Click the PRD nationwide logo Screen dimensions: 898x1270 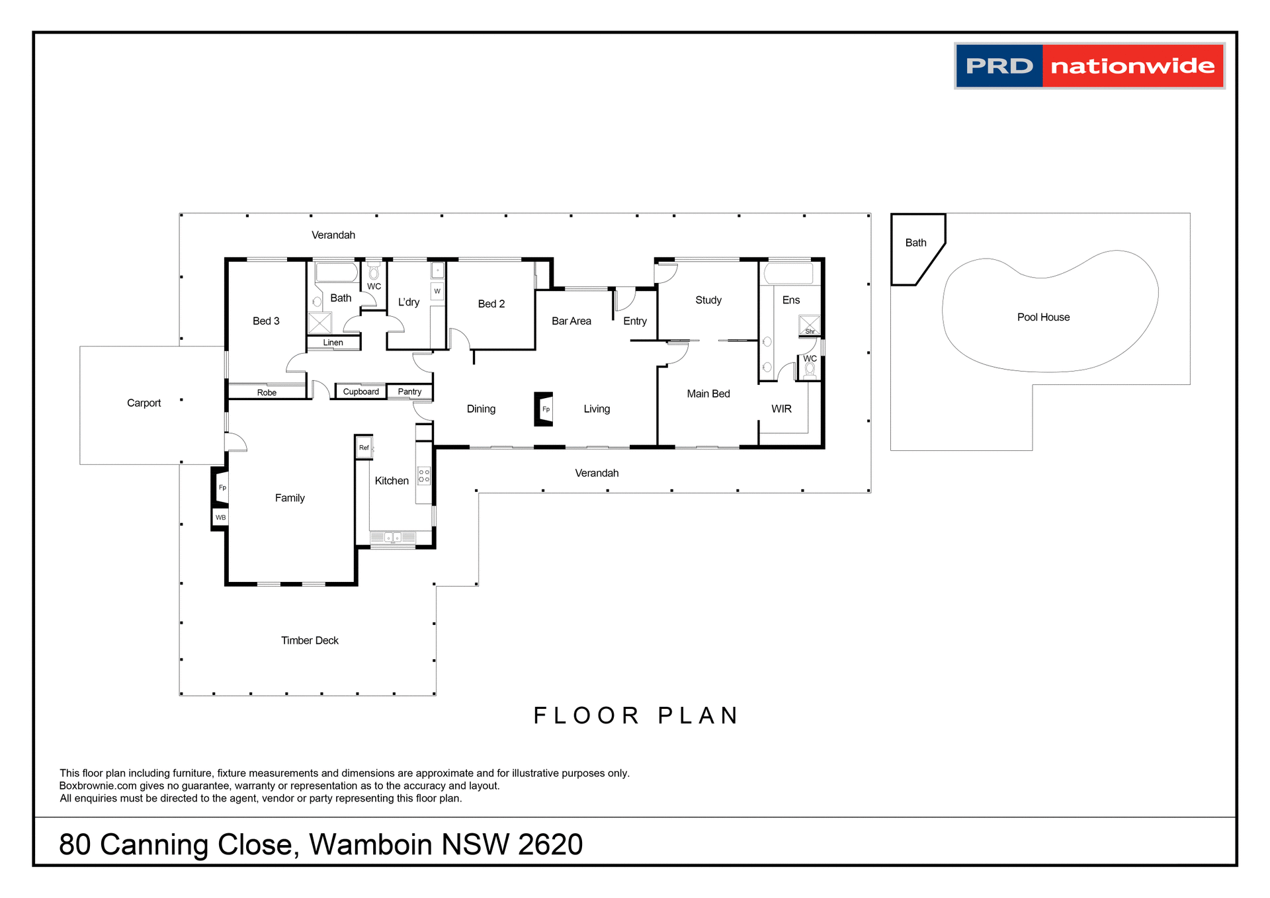(x=1089, y=65)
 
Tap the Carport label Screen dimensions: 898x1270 (x=144, y=403)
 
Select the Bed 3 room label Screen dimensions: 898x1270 (x=266, y=321)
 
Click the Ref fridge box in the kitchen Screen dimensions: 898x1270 (x=364, y=448)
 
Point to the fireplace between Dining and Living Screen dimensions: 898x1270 (x=544, y=409)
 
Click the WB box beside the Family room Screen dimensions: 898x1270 (x=220, y=517)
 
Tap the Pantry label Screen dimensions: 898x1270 (x=409, y=391)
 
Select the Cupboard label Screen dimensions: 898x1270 (x=360, y=391)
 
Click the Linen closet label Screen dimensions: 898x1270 (x=333, y=343)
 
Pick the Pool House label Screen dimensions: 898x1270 (x=1043, y=317)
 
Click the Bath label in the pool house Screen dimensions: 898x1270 (x=915, y=243)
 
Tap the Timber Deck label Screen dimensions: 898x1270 (x=310, y=640)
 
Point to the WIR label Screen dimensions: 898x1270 (x=781, y=409)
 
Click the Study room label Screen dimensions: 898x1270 (x=708, y=300)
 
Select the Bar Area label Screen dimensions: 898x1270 (x=571, y=321)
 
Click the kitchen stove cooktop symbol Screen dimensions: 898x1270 (x=424, y=475)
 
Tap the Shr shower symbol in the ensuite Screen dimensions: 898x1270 (x=809, y=325)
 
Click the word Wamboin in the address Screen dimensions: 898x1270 (x=370, y=844)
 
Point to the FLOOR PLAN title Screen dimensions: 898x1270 (x=636, y=715)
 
